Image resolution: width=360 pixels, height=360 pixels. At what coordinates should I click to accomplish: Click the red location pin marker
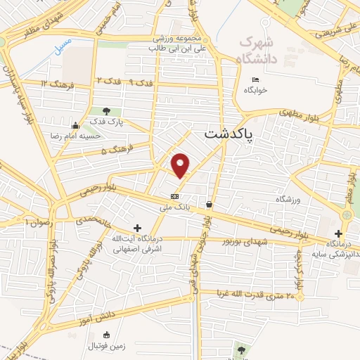(181, 165)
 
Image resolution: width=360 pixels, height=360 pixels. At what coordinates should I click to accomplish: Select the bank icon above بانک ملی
(174, 196)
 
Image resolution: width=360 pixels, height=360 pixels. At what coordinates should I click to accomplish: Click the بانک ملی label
(174, 207)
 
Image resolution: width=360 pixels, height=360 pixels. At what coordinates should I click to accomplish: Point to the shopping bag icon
(209, 205)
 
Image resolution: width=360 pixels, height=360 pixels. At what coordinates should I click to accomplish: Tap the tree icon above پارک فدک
(106, 110)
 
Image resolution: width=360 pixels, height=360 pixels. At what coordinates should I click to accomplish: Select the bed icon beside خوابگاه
(255, 79)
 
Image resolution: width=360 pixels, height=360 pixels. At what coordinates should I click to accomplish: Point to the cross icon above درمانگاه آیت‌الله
(136, 228)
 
